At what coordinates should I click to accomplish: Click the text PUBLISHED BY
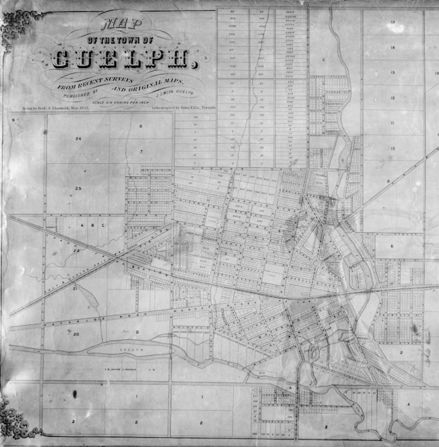pyautogui.click(x=86, y=91)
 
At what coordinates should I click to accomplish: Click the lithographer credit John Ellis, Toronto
pyautogui.click(x=184, y=107)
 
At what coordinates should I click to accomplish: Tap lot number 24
pyautogui.click(x=78, y=139)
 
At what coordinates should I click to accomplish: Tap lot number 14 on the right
pyautogui.click(x=393, y=47)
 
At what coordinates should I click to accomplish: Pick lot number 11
pyautogui.click(x=393, y=123)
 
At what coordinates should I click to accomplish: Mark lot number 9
pyautogui.click(x=388, y=182)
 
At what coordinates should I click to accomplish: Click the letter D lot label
pyautogui.click(x=138, y=331)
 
